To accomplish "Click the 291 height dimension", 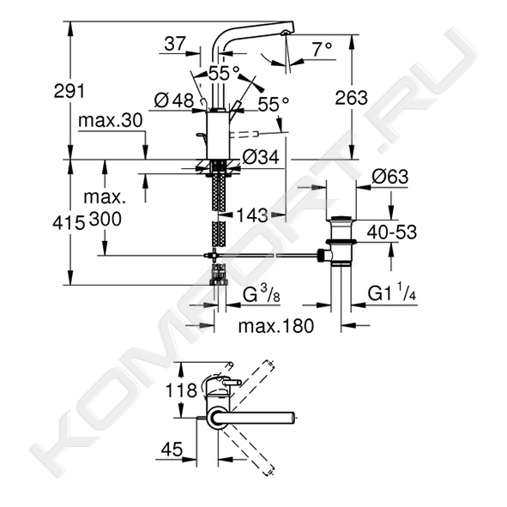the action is coord(69,91).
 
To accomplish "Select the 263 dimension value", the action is coord(351,97).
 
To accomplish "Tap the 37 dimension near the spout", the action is coord(175,44).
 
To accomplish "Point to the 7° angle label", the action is coord(322,49).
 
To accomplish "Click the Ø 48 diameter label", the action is coord(174,100).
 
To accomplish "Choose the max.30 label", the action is coord(111,120).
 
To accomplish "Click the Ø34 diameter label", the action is coord(261,157).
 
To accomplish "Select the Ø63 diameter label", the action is coord(390,176).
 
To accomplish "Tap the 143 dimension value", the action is coord(252,215).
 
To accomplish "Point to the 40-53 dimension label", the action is coord(391,232).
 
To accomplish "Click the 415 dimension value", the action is coord(69,223).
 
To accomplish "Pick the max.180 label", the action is coord(276,326).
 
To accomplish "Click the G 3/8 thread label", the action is coord(261,295).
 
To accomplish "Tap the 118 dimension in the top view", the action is coord(181,390).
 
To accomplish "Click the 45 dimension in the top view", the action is coord(172,450).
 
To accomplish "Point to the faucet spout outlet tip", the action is coord(285,32).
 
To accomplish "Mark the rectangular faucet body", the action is coord(218,136).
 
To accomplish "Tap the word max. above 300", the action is coord(105,197).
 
